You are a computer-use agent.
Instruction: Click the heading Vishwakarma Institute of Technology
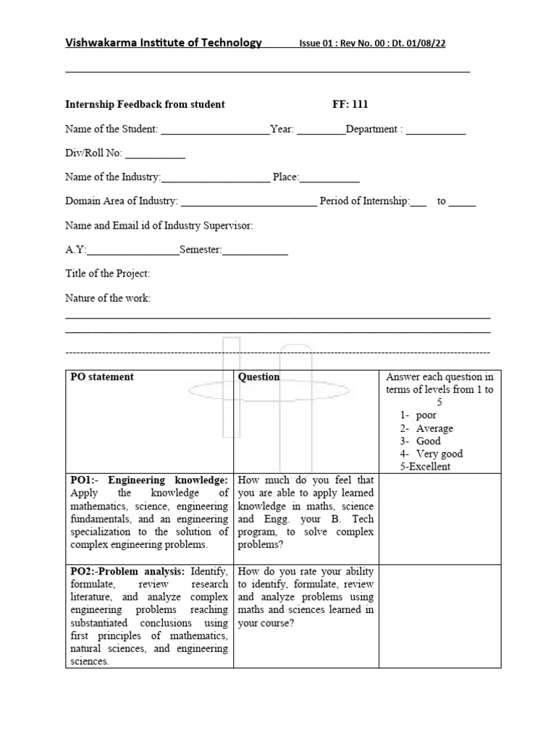click(x=164, y=43)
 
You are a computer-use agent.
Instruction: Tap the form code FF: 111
click(x=350, y=104)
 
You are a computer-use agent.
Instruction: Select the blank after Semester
click(x=255, y=253)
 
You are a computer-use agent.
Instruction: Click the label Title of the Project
click(x=108, y=274)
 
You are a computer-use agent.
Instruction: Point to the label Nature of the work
click(x=108, y=298)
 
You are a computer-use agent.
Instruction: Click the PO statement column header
click(x=102, y=377)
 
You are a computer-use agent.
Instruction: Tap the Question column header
click(x=258, y=377)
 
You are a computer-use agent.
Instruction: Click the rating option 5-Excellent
click(x=425, y=467)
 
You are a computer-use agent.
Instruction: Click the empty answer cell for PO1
click(x=439, y=519)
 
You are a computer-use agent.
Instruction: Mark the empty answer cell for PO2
click(x=439, y=616)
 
